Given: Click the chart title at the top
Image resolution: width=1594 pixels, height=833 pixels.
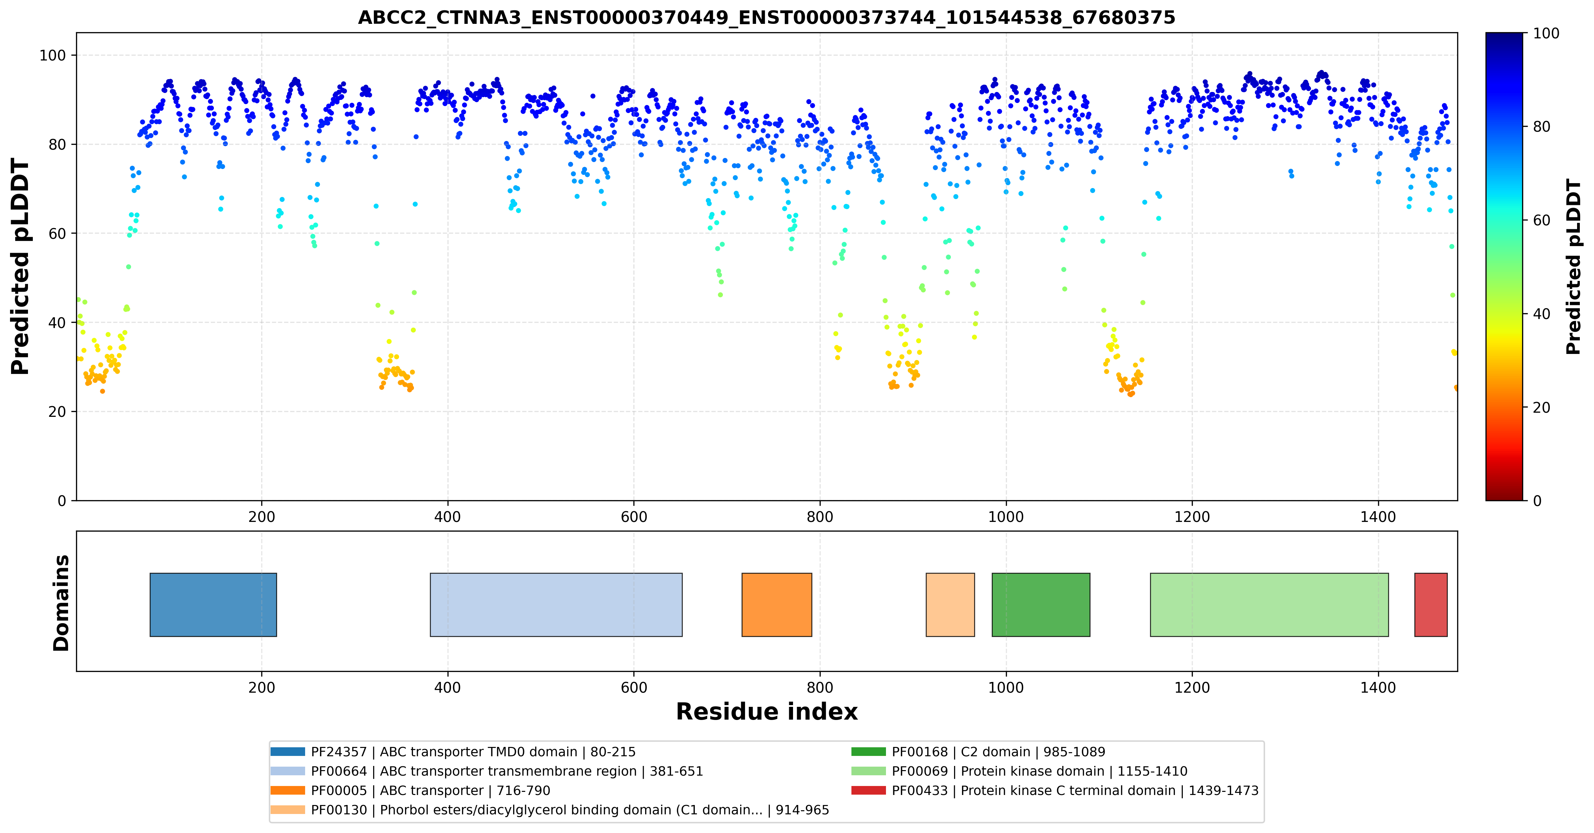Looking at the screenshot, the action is pyautogui.click(x=767, y=17).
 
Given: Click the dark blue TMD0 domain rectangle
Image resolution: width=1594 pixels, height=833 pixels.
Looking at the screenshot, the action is pyautogui.click(x=214, y=605).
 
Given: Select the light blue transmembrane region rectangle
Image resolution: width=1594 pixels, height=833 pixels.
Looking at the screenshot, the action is pyautogui.click(x=556, y=605).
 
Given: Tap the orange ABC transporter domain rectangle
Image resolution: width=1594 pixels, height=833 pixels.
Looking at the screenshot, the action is pyautogui.click(x=776, y=605).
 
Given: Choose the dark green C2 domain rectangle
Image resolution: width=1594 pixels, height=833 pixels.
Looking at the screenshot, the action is pyautogui.click(x=1041, y=605).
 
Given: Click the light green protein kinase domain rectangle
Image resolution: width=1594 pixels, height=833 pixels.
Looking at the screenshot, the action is pyautogui.click(x=1269, y=605).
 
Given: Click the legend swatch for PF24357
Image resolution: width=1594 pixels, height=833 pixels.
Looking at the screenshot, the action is pyautogui.click(x=288, y=752).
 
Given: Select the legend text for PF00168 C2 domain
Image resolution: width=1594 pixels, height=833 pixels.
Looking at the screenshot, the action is pyautogui.click(x=998, y=752).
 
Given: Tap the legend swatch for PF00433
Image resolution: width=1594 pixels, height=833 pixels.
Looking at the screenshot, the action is pyautogui.click(x=869, y=790).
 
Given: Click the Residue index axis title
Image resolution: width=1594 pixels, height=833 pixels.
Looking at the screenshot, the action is pyautogui.click(x=767, y=712).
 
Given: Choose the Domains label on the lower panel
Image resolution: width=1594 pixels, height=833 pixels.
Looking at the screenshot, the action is pyautogui.click(x=61, y=603).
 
